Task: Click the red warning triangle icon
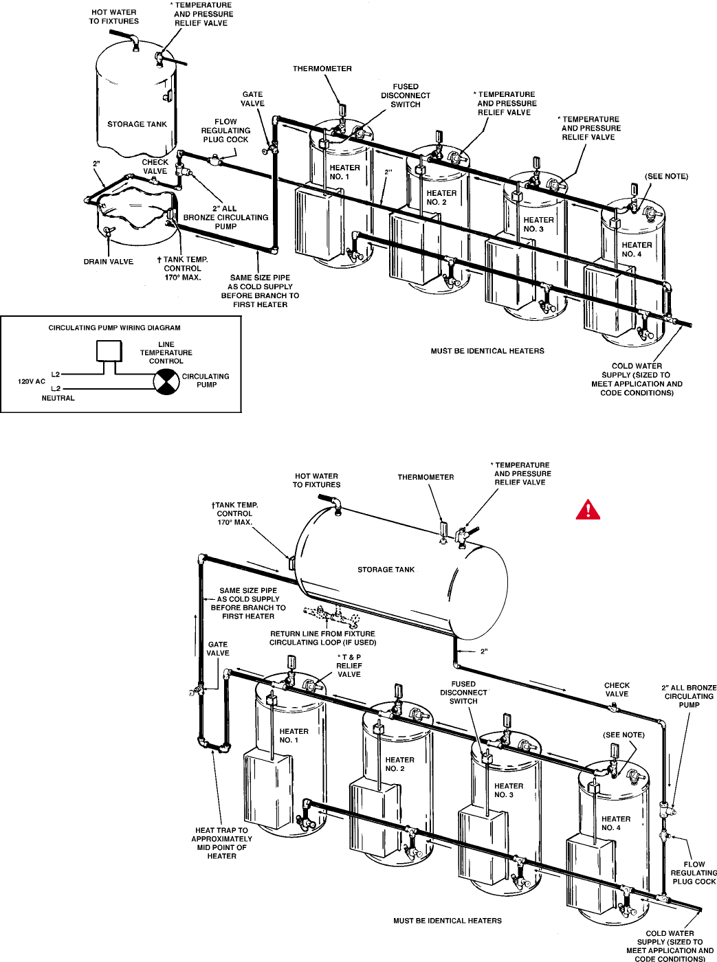click(x=588, y=510)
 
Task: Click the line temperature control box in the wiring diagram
click(x=108, y=350)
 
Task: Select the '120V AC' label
click(x=32, y=381)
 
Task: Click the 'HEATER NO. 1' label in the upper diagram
click(x=344, y=172)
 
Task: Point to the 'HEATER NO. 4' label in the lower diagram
click(x=615, y=823)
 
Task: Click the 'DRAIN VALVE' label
click(x=109, y=262)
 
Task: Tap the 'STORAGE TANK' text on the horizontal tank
click(x=386, y=570)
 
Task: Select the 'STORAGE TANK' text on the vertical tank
click(x=137, y=124)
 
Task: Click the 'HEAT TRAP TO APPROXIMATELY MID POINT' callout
click(x=221, y=843)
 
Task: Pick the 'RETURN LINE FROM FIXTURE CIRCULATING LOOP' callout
click(x=322, y=638)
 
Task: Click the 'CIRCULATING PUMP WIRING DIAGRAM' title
click(x=114, y=328)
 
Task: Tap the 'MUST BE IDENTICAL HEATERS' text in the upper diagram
click(x=487, y=351)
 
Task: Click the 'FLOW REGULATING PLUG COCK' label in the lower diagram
click(x=694, y=873)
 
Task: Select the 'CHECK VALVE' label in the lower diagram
click(x=617, y=689)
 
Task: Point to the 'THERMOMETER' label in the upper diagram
click(x=322, y=69)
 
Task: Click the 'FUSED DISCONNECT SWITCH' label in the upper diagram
click(x=406, y=96)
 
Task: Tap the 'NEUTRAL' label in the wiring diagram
click(x=58, y=399)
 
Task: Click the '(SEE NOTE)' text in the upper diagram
click(x=666, y=177)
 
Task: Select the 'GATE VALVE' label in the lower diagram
click(x=218, y=649)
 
